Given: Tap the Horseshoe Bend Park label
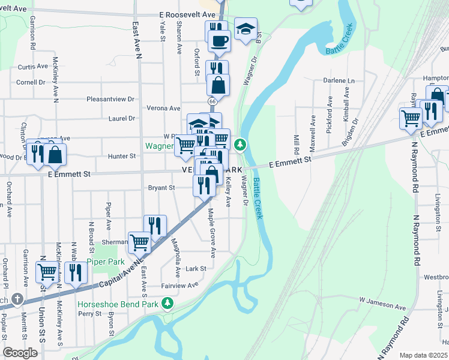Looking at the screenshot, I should pyautogui.click(x=118, y=304).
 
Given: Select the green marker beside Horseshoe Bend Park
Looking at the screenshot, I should pyautogui.click(x=169, y=302).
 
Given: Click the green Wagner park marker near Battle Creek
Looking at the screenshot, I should pyautogui.click(x=240, y=144).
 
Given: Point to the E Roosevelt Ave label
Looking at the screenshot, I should pyautogui.click(x=187, y=14).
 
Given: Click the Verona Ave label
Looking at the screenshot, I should pyautogui.click(x=163, y=109).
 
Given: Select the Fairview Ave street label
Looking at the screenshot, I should pyautogui.click(x=179, y=286).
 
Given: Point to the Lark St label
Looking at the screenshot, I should pyautogui.click(x=196, y=268).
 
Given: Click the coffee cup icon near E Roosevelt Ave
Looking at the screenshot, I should pyautogui.click(x=219, y=41).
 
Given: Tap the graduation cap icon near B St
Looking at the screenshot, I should pyautogui.click(x=245, y=29).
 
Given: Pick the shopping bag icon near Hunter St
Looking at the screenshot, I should pyautogui.click(x=55, y=154).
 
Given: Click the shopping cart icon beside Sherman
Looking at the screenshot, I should pyautogui.click(x=139, y=242).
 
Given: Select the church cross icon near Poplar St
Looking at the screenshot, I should pyautogui.click(x=17, y=299).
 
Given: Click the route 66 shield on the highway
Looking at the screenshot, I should pyautogui.click(x=213, y=102).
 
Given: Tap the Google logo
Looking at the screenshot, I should pyautogui.click(x=20, y=353).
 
